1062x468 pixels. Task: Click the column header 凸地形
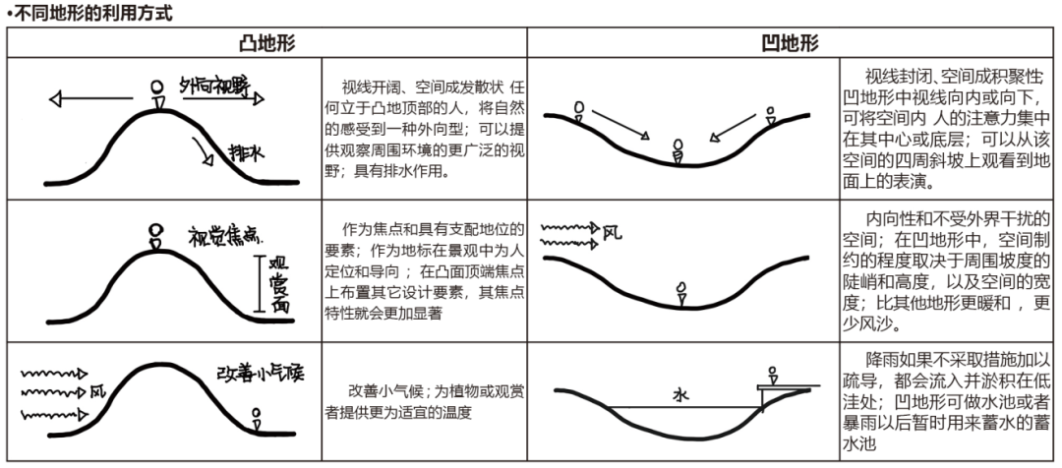tap(266, 43)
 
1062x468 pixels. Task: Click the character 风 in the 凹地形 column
tap(611, 233)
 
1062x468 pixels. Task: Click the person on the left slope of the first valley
tap(579, 110)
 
